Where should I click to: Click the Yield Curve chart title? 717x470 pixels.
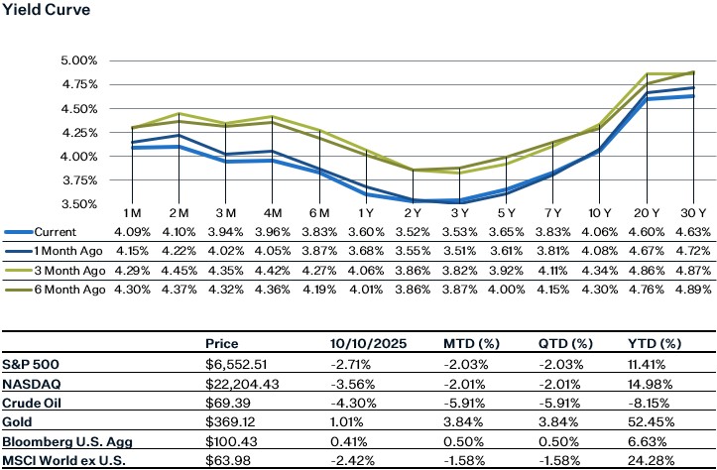tap(43, 11)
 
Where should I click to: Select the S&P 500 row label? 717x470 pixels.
tap(30, 364)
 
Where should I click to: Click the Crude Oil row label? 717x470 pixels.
tap(31, 403)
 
